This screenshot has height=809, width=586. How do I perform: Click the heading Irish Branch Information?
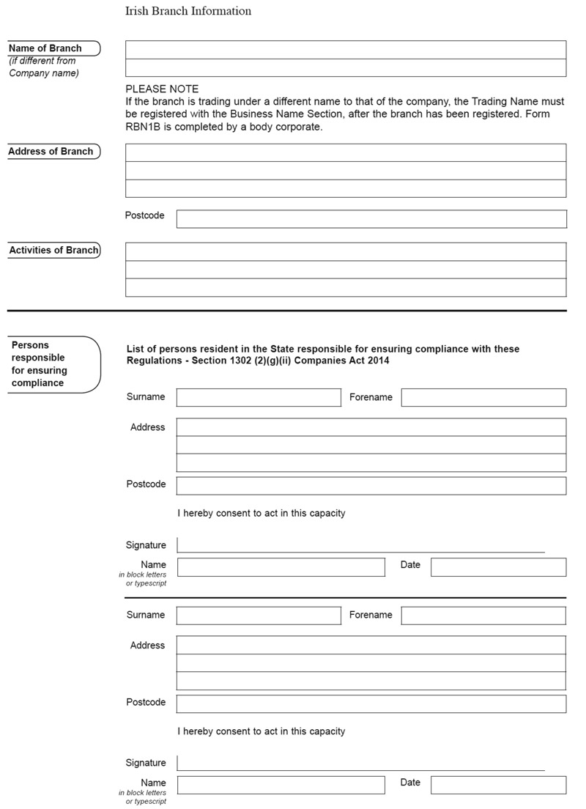(188, 11)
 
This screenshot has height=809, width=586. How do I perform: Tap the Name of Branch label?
(45, 48)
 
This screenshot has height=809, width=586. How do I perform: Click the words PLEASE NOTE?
(162, 89)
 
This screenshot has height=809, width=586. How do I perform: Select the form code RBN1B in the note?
(143, 126)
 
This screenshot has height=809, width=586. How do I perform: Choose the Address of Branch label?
(51, 152)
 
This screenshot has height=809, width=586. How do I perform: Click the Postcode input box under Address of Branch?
(371, 219)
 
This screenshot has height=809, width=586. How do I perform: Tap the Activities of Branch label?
(53, 251)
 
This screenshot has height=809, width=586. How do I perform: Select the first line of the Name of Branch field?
(346, 50)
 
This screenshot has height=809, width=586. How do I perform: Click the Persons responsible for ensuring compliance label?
(39, 364)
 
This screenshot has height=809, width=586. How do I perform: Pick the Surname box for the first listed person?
(259, 397)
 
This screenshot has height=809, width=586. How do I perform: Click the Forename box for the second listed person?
(483, 616)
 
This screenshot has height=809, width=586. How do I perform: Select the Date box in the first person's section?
(498, 567)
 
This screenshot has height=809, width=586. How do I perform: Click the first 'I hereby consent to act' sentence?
(261, 513)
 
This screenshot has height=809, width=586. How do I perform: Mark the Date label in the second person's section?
(410, 783)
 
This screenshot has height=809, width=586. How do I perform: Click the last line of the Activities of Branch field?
(346, 287)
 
